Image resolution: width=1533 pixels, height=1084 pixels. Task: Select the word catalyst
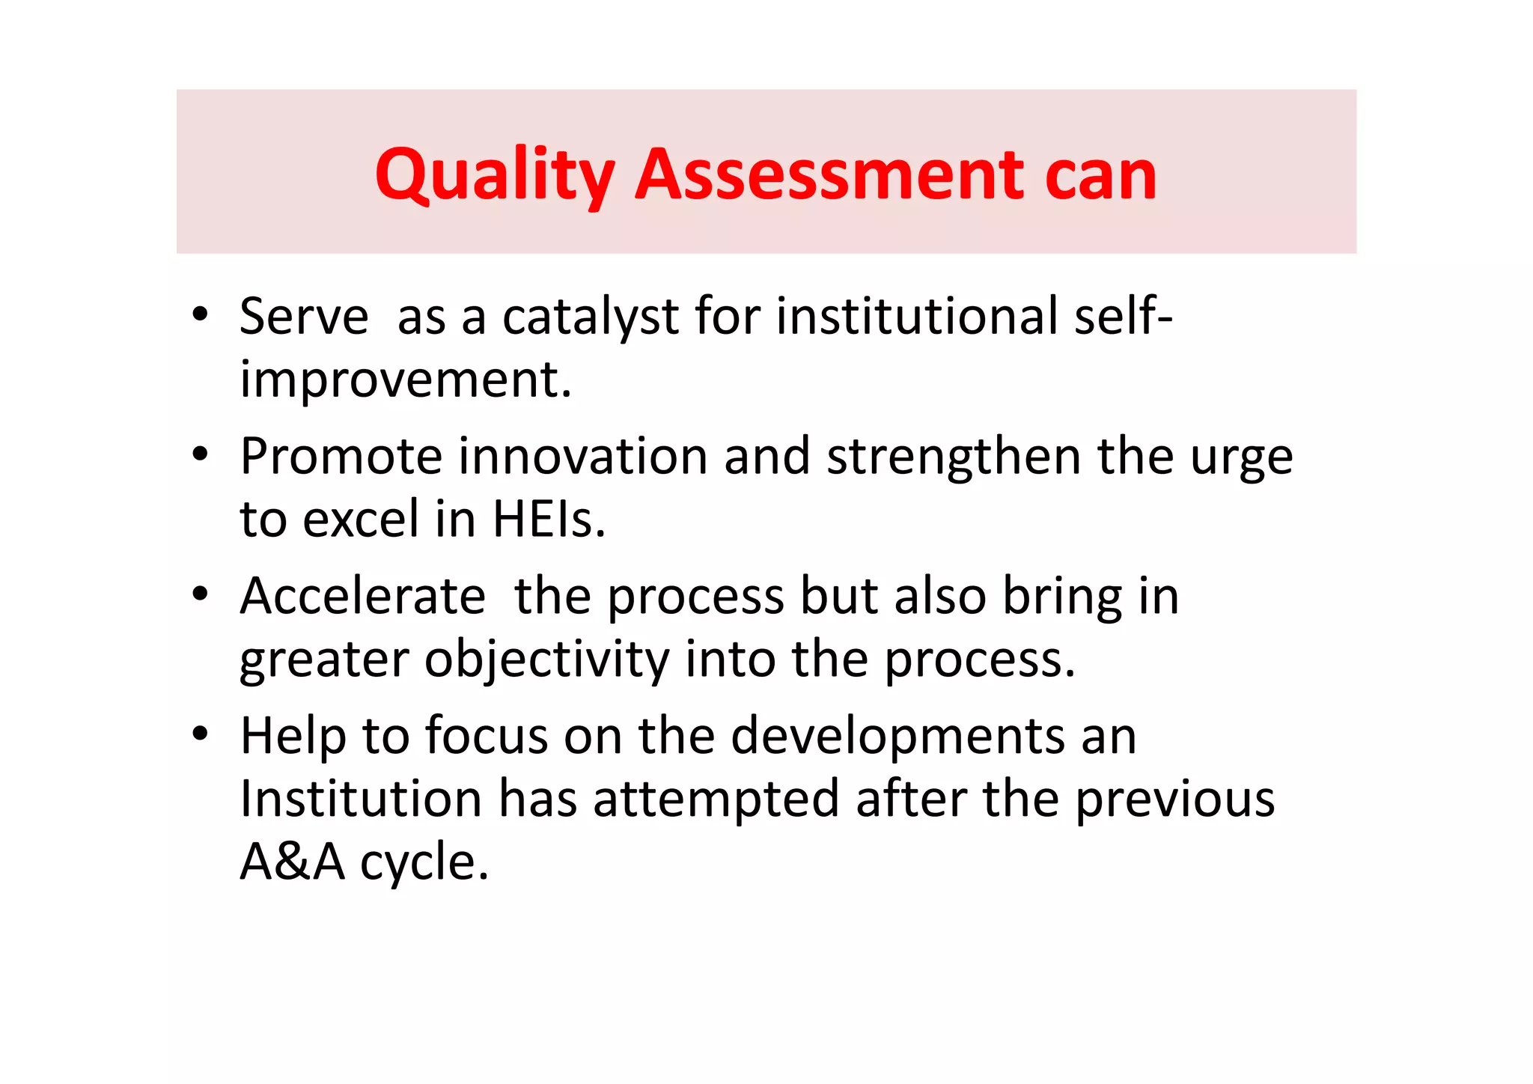point(590,316)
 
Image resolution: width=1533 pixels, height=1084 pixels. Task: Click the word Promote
point(341,456)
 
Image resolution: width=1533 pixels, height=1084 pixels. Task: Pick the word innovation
point(583,456)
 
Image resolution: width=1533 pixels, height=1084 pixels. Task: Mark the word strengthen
point(953,456)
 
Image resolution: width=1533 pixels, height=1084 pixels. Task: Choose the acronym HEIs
point(549,519)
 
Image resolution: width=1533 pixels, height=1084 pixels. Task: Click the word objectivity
point(547,660)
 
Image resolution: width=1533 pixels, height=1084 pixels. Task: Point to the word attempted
point(716,799)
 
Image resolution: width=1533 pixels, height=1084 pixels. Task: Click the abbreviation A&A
point(292,862)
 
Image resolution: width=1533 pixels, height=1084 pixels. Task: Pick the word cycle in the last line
point(424,862)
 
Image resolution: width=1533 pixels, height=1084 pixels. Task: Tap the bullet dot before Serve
point(199,315)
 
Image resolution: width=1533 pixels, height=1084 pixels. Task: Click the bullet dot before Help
point(199,734)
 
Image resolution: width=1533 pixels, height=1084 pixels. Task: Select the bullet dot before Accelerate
point(199,594)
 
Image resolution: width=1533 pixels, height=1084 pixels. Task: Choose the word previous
point(1175,799)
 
